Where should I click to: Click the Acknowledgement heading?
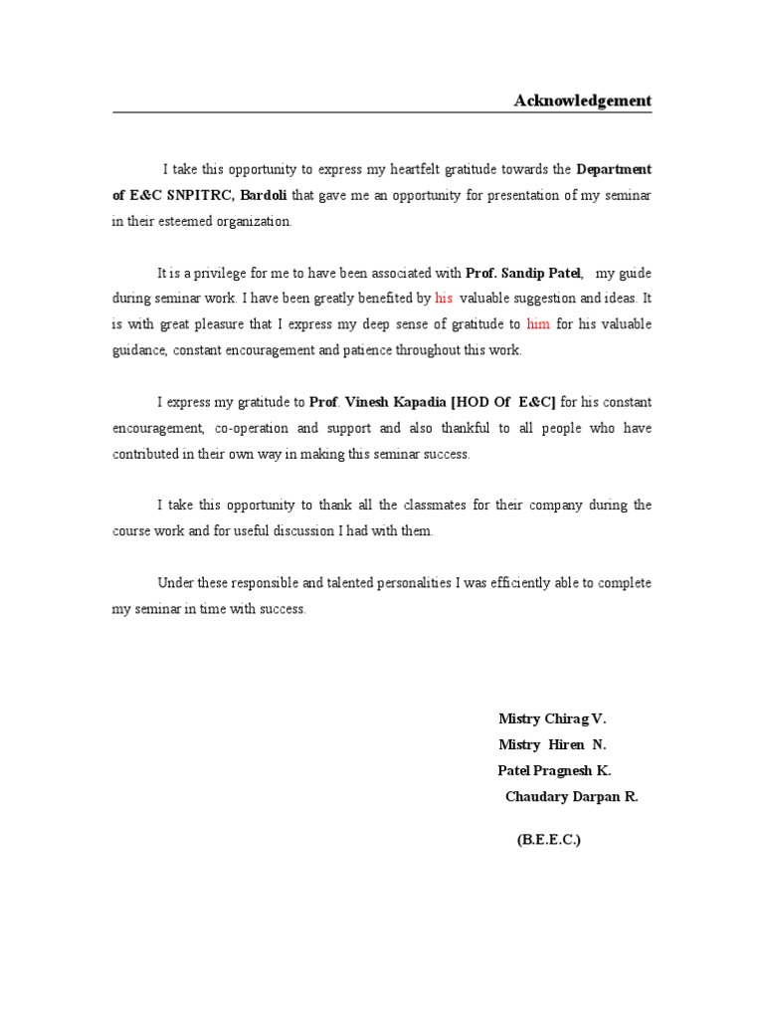pos(582,101)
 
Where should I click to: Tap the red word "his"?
pos(444,298)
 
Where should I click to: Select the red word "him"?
pos(537,323)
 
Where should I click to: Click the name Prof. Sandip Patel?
pos(522,272)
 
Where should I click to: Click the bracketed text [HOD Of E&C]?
pos(503,402)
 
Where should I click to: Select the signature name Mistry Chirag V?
pos(551,717)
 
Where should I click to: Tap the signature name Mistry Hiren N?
pos(551,743)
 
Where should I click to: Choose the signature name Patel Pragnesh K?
pos(554,770)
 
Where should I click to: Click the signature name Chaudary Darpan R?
pos(571,796)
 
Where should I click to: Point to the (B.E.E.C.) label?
pos(548,840)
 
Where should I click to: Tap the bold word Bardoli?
pos(264,195)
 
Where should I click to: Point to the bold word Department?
pos(614,169)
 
